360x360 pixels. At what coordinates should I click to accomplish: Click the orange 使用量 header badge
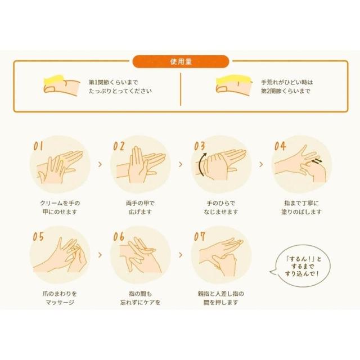click(181, 61)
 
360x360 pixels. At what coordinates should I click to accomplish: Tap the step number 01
click(38, 146)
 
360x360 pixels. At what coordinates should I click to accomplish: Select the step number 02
click(119, 146)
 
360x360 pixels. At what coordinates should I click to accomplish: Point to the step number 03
click(199, 146)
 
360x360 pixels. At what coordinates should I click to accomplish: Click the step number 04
click(280, 146)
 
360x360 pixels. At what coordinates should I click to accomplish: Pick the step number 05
click(38, 237)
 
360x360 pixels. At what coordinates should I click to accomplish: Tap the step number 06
click(119, 237)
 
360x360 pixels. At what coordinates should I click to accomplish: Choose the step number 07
click(199, 237)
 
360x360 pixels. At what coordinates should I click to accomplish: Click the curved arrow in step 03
click(200, 164)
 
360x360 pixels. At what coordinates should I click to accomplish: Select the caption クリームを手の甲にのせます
click(60, 208)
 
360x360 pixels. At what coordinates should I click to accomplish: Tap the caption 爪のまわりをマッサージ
click(60, 298)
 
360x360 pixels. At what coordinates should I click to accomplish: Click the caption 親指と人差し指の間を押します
click(221, 298)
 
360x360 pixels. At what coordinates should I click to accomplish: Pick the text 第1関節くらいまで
click(113, 82)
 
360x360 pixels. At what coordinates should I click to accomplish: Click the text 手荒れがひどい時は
click(287, 82)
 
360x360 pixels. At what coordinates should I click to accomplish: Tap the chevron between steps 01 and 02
click(100, 164)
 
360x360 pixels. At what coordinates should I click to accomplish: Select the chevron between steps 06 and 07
click(181, 255)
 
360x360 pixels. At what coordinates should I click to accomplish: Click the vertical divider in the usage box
click(181, 89)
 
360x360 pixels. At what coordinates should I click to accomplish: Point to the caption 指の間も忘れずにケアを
click(140, 298)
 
